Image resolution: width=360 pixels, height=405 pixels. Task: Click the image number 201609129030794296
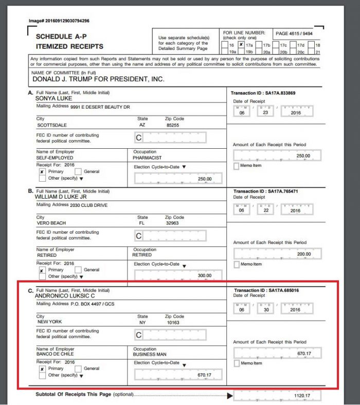point(59,21)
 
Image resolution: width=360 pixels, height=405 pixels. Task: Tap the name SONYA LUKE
point(50,98)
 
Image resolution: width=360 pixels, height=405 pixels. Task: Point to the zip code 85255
point(172,125)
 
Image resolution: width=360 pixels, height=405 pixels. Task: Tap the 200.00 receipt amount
point(303,254)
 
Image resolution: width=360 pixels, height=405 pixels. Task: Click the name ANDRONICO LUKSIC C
point(64,296)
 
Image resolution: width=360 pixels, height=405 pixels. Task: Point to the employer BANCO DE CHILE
point(55,354)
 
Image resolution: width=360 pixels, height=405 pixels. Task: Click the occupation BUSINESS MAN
point(150,354)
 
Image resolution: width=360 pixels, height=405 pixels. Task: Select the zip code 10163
point(173,323)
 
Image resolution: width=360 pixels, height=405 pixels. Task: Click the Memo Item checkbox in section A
point(237,166)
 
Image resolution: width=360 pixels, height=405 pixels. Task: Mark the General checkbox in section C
point(78,368)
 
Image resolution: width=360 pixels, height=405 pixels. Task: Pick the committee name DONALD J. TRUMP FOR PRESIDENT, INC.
point(99,79)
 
